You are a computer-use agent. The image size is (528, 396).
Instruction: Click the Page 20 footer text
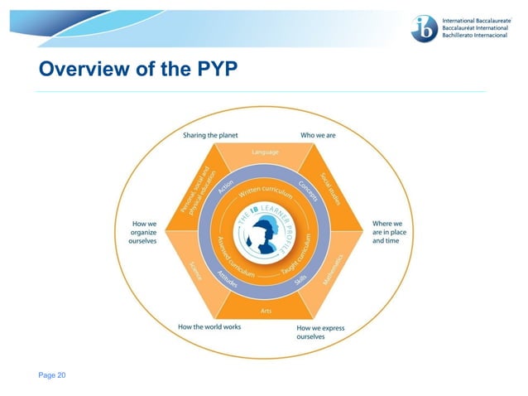coord(52,375)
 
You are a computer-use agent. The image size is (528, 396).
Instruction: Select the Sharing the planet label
coord(211,135)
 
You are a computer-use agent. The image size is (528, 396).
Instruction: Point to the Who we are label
coord(317,135)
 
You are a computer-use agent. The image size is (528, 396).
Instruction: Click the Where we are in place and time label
coord(388,232)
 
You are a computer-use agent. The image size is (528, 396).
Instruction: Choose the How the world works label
coord(209,327)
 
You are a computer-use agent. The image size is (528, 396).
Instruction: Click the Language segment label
coord(264,152)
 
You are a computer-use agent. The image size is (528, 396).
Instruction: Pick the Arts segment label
coord(264,311)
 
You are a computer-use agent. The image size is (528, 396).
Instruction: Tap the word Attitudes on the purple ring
coord(226,278)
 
